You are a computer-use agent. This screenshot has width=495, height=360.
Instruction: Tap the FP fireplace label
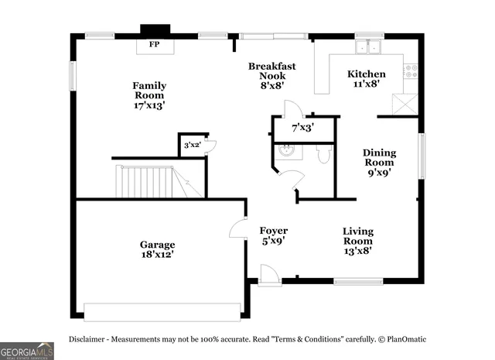click(155, 45)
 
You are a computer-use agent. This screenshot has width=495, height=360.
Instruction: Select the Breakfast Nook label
click(271, 76)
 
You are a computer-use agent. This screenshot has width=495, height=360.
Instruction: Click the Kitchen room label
click(366, 79)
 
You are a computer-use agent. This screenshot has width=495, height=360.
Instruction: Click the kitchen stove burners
click(410, 72)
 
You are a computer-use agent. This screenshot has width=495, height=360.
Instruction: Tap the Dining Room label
click(379, 163)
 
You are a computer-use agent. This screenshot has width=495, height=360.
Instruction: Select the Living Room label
click(358, 241)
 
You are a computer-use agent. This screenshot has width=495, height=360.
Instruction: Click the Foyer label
click(273, 235)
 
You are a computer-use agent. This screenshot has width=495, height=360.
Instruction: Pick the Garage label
click(157, 249)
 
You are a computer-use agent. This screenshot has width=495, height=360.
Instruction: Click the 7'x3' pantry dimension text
click(302, 128)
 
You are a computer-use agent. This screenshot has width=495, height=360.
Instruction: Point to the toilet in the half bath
click(324, 156)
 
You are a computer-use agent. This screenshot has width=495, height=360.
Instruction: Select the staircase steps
click(147, 183)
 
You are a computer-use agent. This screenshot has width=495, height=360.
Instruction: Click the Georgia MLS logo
click(27, 350)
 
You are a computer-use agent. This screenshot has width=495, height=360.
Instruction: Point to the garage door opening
click(162, 311)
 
